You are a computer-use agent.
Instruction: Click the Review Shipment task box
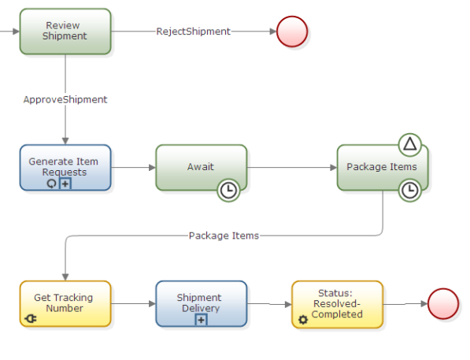pos(65,32)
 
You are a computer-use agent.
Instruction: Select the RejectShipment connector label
pos(193,32)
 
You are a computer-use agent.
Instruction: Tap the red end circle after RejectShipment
pos(292,32)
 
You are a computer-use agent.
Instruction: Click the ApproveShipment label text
pos(65,100)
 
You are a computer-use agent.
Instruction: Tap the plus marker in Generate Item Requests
pos(66,183)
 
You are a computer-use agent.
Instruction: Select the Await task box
pos(201,167)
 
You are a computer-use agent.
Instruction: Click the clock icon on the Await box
pos(228,190)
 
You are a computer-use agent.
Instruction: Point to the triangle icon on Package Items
pos(409,144)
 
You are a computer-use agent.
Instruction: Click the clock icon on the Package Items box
pos(409,190)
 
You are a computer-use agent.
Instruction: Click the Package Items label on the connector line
pos(224,236)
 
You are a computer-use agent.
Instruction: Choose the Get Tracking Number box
pos(65,303)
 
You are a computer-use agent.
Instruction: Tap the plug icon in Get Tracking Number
pos(31,319)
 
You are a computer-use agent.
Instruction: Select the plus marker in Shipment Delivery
pos(202,319)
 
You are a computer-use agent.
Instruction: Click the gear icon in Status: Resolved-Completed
pos(303,320)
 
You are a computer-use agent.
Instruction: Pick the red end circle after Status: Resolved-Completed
pos(443,303)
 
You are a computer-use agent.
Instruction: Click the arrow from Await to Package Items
pos(291,167)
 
